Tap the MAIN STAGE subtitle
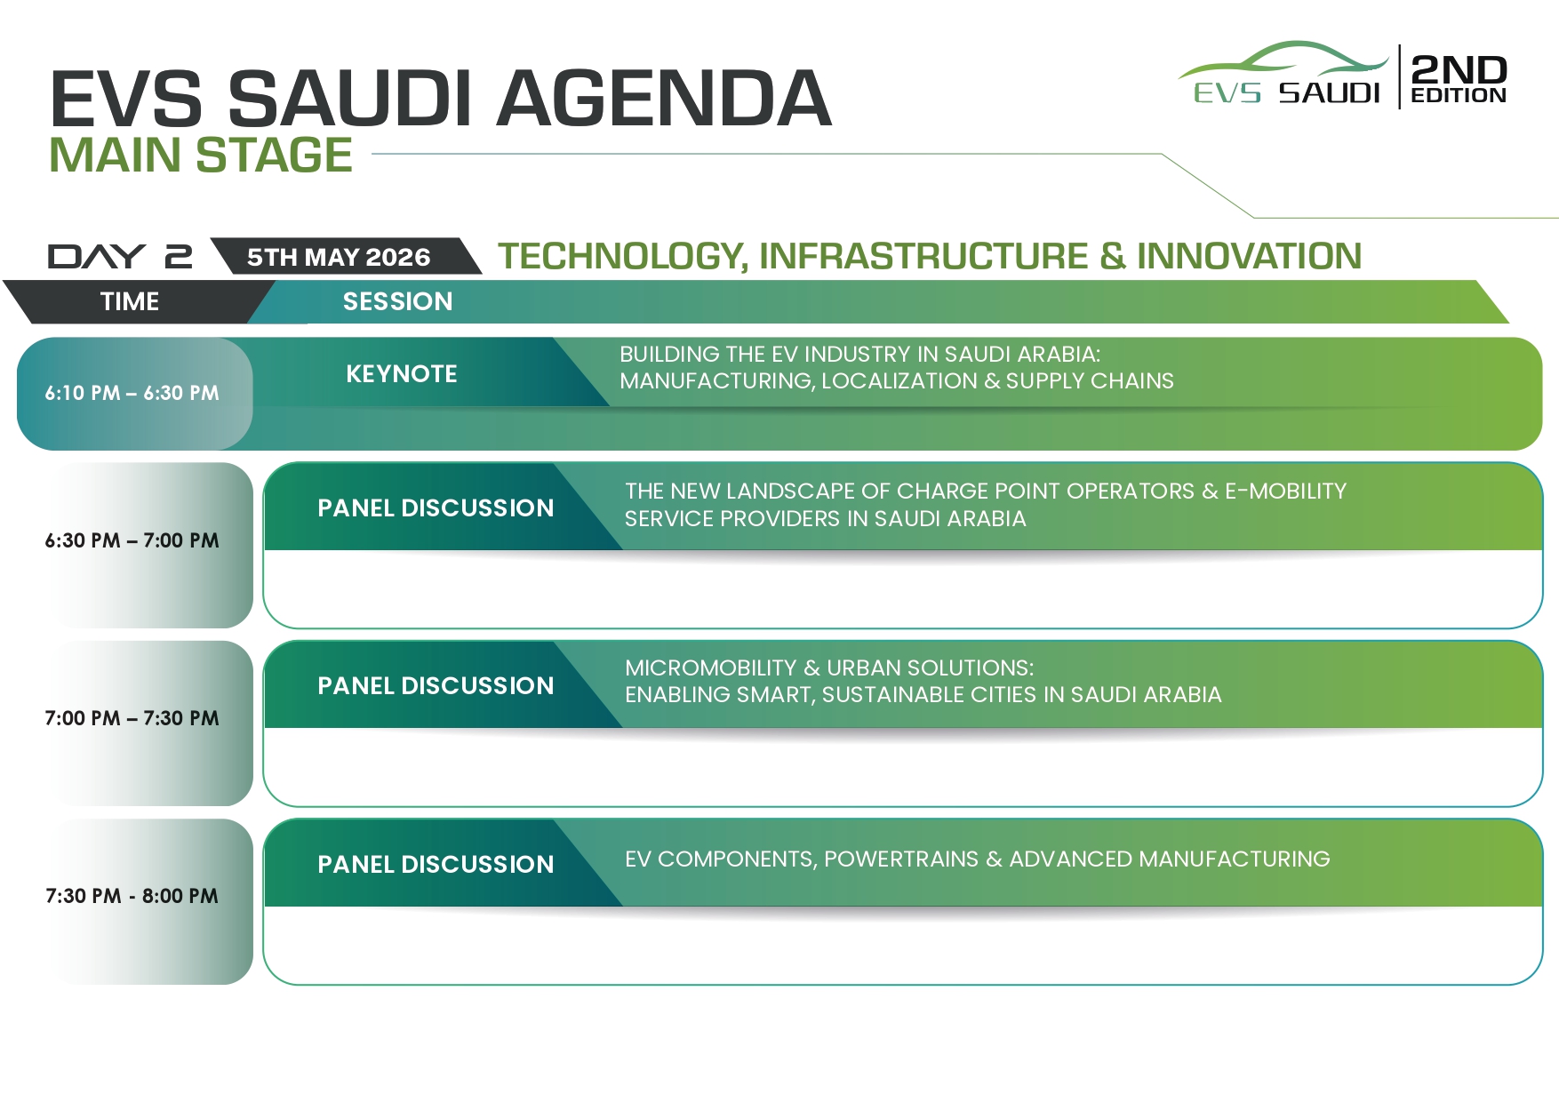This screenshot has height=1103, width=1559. pos(201,156)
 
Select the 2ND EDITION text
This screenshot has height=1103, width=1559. pos(1459,78)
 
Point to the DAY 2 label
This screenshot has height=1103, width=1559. pos(120,257)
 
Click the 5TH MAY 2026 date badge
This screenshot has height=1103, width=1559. pos(339,257)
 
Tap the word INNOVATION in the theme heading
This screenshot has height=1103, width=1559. pos(1249,256)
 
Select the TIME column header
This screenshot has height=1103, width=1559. pos(130,301)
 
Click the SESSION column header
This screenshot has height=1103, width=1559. pos(398,301)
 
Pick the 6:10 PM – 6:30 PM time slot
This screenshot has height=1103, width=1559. pos(132,393)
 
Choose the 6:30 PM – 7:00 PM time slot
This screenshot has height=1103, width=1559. pos(132,540)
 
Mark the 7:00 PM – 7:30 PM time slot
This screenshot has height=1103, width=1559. pos(132,718)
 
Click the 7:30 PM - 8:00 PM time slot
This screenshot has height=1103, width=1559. pos(132,896)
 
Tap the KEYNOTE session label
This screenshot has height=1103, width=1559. pos(402,373)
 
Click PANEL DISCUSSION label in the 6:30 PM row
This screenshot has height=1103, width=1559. pos(436,508)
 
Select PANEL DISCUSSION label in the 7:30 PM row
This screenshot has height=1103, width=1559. pos(436,864)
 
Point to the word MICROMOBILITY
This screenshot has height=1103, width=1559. pos(711,667)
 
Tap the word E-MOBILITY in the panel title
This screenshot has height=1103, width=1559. pos(1286,491)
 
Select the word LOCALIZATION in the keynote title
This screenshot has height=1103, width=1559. pos(899,380)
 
